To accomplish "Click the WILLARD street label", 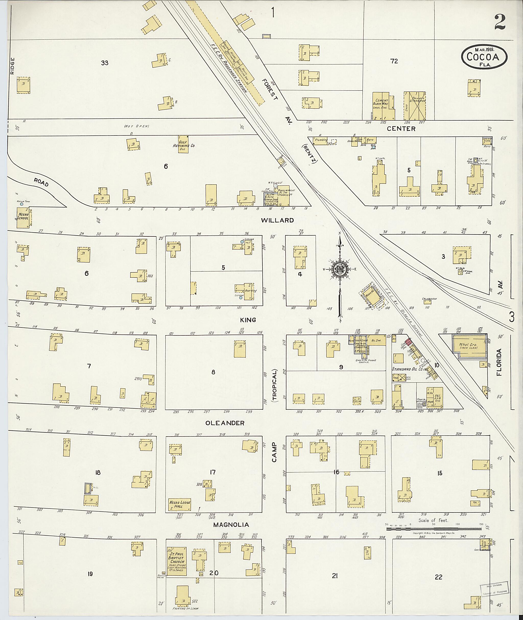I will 277,220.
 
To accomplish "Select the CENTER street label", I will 401,129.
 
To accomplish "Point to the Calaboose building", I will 427,302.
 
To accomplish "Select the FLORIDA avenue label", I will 500,362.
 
